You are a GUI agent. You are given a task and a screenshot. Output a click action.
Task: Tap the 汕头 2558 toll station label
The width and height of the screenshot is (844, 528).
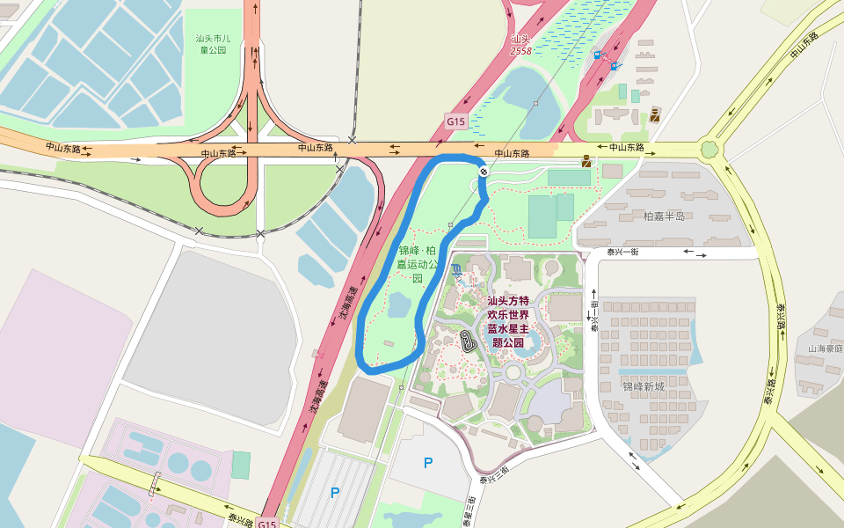[521, 45]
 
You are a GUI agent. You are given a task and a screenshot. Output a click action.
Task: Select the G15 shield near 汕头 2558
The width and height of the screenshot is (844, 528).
[455, 121]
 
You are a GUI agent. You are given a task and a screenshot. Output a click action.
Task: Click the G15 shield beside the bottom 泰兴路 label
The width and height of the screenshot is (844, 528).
[268, 524]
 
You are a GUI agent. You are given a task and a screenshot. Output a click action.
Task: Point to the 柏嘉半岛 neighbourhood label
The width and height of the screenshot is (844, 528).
[664, 216]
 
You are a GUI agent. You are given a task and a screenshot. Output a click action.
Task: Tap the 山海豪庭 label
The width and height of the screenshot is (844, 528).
[826, 348]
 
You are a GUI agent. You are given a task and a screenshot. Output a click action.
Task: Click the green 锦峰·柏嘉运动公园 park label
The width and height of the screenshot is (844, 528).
[417, 263]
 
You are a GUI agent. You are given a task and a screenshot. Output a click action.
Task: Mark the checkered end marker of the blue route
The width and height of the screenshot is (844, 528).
[484, 172]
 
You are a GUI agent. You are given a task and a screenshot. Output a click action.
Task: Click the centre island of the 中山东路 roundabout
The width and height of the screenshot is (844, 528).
[709, 150]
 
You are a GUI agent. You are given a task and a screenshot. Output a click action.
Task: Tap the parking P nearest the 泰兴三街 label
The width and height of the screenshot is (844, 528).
[428, 463]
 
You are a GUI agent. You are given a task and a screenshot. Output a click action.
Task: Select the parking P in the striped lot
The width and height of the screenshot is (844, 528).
[335, 493]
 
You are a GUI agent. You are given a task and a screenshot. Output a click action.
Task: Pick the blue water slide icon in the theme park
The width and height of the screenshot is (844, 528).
[455, 268]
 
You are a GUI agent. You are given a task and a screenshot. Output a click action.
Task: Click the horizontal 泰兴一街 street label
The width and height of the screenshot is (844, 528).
[622, 253]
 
